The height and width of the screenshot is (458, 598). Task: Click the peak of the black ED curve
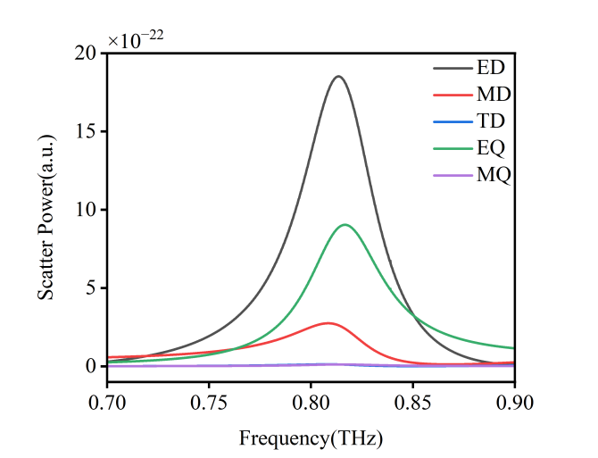coord(338,77)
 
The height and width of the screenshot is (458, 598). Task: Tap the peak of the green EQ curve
coord(345,225)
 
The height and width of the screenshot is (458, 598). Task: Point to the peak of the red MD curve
coord(328,323)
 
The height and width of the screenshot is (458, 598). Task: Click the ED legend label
coord(490,68)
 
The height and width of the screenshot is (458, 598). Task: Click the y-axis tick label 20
coord(85,54)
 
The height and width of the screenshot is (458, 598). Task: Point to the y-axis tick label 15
coord(85,131)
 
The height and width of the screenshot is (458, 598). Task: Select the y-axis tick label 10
coord(85,210)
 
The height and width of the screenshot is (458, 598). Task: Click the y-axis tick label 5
coord(89,287)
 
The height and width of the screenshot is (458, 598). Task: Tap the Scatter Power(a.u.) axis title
coord(46,215)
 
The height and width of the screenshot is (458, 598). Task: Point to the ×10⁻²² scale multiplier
coord(136,39)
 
